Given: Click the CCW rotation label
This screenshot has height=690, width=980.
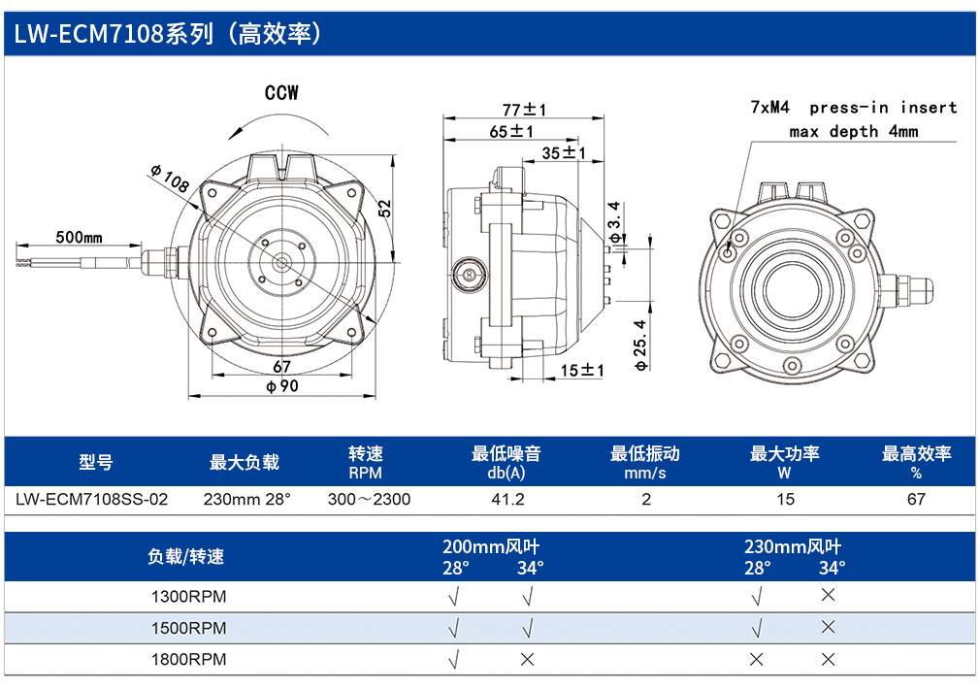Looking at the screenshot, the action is click(x=281, y=93).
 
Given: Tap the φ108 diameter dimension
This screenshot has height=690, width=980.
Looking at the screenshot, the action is click(x=170, y=179).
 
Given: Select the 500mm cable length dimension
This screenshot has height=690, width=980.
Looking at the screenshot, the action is click(x=79, y=237).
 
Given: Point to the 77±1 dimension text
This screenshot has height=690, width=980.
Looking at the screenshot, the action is click(x=524, y=110).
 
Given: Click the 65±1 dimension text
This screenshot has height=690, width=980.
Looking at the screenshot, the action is click(x=511, y=131).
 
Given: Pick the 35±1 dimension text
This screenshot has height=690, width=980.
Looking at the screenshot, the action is click(x=564, y=152).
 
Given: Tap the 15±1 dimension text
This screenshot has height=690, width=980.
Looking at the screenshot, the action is click(x=582, y=370).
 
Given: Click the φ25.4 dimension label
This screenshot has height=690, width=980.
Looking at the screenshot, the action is click(x=641, y=345).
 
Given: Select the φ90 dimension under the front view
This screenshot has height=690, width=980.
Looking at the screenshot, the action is click(x=282, y=386).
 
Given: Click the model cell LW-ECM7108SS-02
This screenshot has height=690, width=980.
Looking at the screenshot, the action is click(x=92, y=499).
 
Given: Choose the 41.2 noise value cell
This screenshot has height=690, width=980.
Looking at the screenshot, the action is click(x=507, y=499).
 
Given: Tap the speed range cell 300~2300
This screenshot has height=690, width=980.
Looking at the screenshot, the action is click(x=369, y=499).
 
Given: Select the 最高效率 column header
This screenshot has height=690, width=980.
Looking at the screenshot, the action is click(x=916, y=453).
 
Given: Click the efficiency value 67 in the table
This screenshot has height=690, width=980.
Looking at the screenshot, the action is click(x=916, y=499).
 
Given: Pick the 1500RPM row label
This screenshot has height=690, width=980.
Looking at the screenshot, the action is click(x=188, y=628).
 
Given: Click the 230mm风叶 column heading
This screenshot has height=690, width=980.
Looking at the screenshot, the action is click(x=793, y=547).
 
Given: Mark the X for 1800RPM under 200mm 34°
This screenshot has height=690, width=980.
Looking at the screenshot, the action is click(x=528, y=659).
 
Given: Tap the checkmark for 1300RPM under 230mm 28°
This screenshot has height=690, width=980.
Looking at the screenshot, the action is click(x=756, y=597).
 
